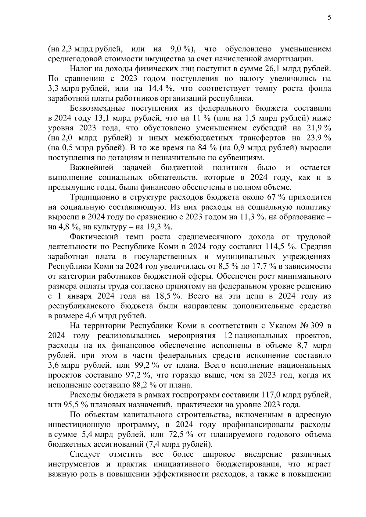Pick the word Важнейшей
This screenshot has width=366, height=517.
91,168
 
